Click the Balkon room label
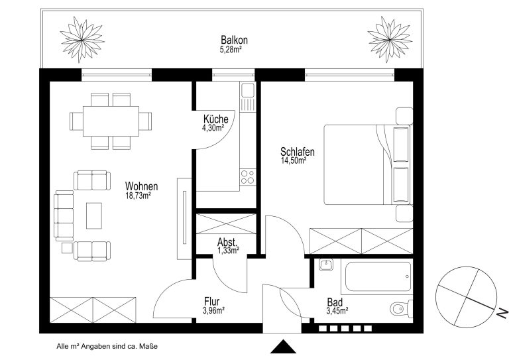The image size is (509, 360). (x=234, y=40)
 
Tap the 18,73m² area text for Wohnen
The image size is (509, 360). (x=138, y=196)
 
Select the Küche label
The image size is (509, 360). (x=215, y=119)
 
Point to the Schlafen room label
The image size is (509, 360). (x=298, y=152)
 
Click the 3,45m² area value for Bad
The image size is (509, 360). (x=337, y=311)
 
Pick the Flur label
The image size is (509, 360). (x=211, y=301)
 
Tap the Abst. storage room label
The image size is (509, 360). (x=227, y=242)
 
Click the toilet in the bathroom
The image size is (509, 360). (x=401, y=308)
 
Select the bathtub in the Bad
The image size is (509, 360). (x=376, y=276)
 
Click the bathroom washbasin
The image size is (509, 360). (x=325, y=265)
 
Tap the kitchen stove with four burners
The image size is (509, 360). (x=248, y=177)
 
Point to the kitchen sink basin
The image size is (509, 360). (x=248, y=90)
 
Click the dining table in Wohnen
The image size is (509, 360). (x=111, y=121)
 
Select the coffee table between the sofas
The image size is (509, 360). (x=94, y=216)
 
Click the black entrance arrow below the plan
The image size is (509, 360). (x=283, y=347)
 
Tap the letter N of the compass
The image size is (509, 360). (x=502, y=313)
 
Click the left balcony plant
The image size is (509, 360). (x=82, y=40)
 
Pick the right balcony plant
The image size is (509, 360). (x=390, y=39)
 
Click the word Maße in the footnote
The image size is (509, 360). (x=148, y=346)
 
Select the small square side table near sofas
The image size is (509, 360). (x=67, y=248)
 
